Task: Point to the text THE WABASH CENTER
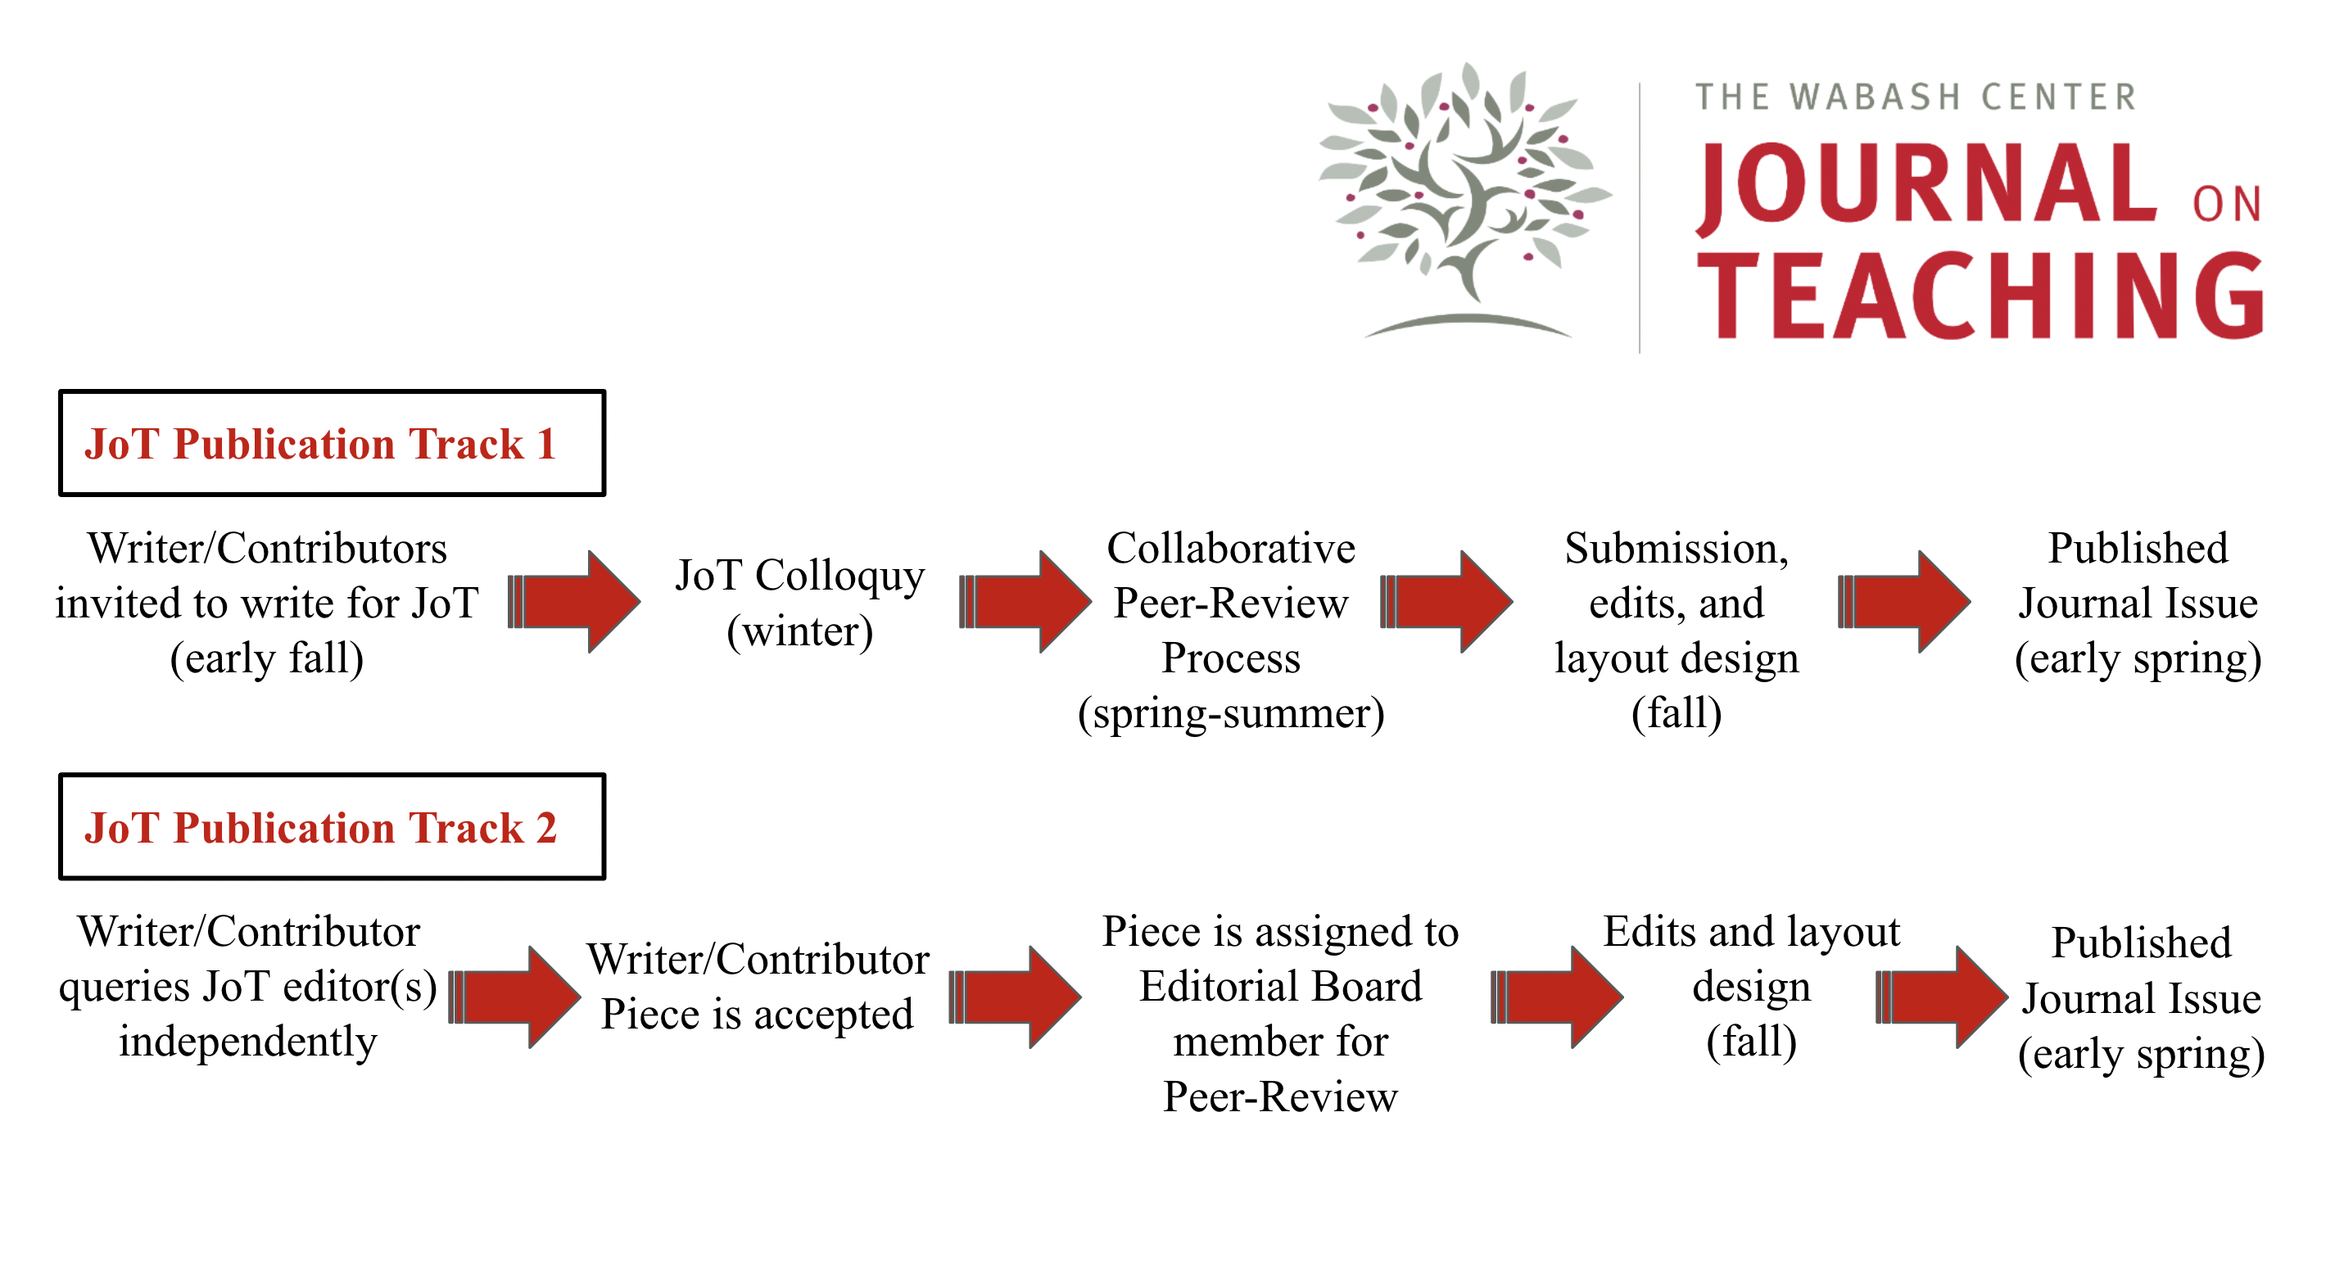(x=1915, y=97)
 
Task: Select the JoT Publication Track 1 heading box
(x=333, y=443)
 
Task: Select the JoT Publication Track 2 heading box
(x=333, y=826)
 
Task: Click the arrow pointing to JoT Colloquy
(x=575, y=600)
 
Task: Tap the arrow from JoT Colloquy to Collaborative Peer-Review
(x=1026, y=600)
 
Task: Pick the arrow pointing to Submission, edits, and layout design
(x=1447, y=600)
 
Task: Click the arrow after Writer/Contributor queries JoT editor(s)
(x=516, y=997)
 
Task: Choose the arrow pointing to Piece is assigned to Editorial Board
(x=1016, y=997)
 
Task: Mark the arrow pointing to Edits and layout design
(x=1558, y=997)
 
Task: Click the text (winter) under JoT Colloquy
(x=800, y=631)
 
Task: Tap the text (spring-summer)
(x=1230, y=713)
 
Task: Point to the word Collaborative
(x=1230, y=549)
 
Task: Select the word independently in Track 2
(x=247, y=1042)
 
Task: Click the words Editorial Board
(x=1280, y=987)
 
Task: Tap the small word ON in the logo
(x=2226, y=205)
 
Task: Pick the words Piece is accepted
(x=757, y=1015)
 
